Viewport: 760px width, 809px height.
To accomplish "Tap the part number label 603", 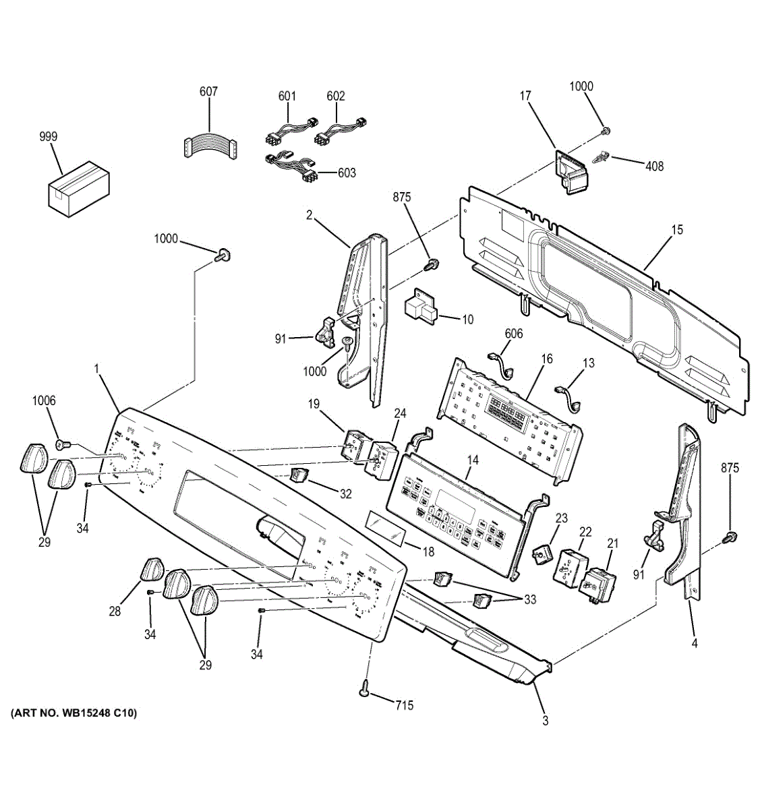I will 346,173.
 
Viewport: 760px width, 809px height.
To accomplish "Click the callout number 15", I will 676,230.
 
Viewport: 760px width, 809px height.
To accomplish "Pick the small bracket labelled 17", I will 571,171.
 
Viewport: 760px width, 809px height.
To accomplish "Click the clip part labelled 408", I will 602,158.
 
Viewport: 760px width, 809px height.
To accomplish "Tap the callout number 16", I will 547,359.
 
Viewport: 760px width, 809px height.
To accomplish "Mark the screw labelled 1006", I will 60,444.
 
